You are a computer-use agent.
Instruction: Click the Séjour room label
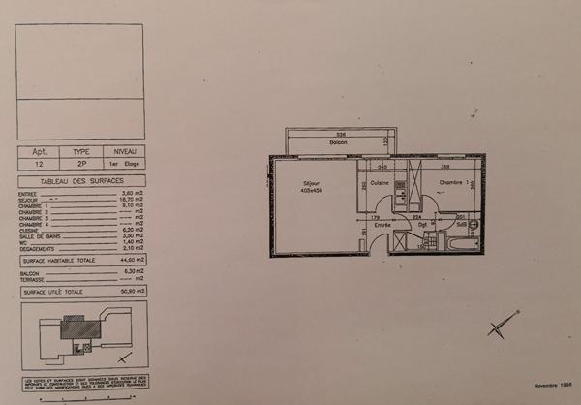click(311, 182)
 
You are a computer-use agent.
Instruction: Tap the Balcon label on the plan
click(337, 142)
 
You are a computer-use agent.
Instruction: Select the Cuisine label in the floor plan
click(379, 182)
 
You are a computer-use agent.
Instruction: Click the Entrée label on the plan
click(382, 225)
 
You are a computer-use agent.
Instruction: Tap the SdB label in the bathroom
click(462, 225)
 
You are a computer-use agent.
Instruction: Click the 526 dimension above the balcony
click(340, 134)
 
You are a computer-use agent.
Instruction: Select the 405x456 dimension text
click(311, 190)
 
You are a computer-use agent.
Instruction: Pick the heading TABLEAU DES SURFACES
click(80, 182)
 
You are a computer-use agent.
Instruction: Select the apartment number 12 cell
click(40, 165)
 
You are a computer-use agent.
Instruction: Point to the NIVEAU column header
click(125, 152)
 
